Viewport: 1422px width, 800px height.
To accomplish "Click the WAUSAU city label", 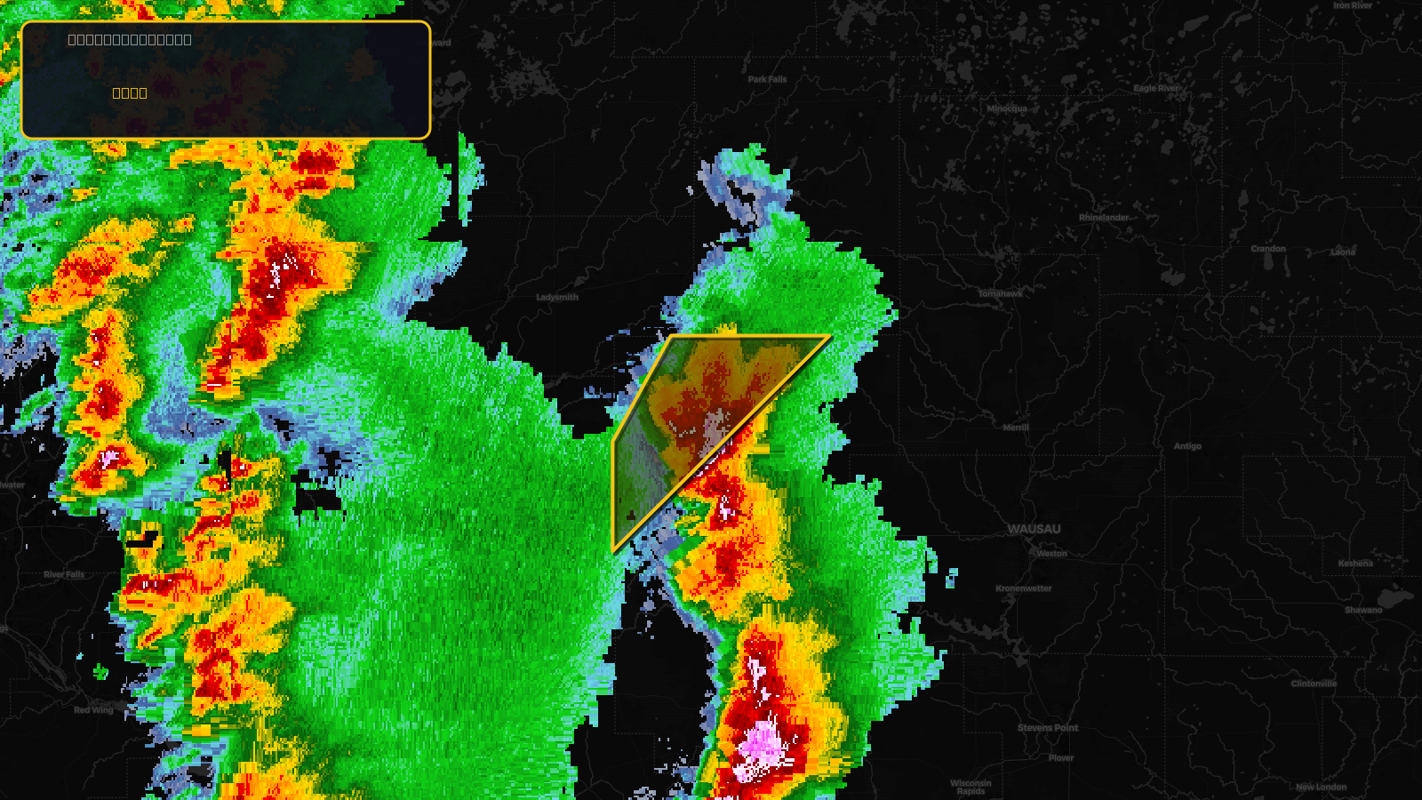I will click(1034, 529).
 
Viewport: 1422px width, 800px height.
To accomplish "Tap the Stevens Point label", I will click(1048, 728).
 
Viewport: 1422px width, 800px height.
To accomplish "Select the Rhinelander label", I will click(1104, 218).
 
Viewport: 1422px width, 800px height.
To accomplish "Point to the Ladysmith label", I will click(557, 297).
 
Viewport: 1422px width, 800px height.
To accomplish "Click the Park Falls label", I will click(767, 79).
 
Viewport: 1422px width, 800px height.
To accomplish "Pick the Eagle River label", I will click(1156, 88).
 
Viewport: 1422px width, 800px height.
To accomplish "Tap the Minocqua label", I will click(1007, 108).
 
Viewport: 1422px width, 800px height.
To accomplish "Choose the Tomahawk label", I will click(1001, 293).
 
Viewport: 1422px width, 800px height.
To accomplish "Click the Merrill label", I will click(1016, 428).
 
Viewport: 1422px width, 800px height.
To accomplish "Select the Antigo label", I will click(1187, 446).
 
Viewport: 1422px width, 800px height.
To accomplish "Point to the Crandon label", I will click(1268, 249).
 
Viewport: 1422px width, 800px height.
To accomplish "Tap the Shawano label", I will click(1363, 610).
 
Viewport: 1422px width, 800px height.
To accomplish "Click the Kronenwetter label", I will click(1024, 588).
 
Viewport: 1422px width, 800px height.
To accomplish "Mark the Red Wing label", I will click(93, 710).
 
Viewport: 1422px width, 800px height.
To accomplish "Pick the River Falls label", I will click(64, 574).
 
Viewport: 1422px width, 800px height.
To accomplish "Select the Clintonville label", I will click(1314, 684).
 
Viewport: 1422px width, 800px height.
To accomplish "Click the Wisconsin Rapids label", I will click(971, 787).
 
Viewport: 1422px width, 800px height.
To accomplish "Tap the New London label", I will click(1321, 787).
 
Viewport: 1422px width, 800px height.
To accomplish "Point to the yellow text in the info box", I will click(130, 92).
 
